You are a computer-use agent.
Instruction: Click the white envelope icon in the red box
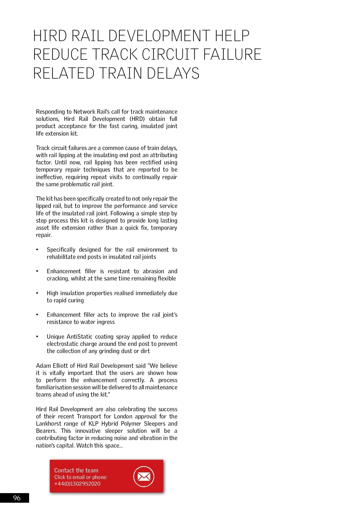tap(144, 476)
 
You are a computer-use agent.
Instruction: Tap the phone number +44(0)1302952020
tap(77, 484)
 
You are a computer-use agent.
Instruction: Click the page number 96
tap(17, 498)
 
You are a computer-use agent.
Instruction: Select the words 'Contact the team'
tap(76, 470)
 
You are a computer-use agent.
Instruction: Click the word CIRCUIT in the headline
tap(170, 54)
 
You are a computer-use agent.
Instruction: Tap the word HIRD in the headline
tap(50, 36)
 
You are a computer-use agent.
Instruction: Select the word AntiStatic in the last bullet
tap(79, 337)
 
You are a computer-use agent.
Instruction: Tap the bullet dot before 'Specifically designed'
tap(37, 250)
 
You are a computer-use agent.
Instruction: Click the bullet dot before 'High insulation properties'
tap(37, 293)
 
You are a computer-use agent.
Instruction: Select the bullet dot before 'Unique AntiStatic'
tap(37, 337)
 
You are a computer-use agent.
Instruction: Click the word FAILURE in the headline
tap(232, 54)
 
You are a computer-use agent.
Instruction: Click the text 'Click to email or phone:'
tap(80, 477)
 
